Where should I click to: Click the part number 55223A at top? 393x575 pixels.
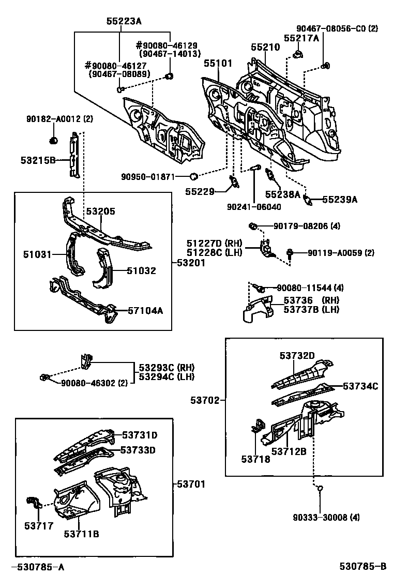click(x=124, y=21)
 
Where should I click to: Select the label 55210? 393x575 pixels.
click(x=265, y=47)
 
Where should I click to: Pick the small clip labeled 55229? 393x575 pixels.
click(x=233, y=183)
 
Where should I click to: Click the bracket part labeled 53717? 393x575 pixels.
click(x=34, y=503)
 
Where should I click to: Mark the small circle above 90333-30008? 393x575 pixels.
click(x=320, y=488)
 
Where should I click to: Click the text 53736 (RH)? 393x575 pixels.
click(x=309, y=300)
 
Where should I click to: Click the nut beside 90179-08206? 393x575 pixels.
click(x=253, y=226)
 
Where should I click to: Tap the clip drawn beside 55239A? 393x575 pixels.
click(x=308, y=200)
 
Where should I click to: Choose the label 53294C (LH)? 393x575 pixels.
click(x=167, y=376)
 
